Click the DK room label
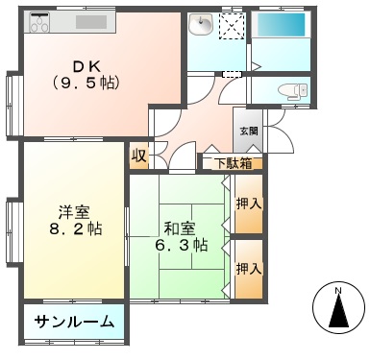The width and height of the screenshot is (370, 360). [x=87, y=67]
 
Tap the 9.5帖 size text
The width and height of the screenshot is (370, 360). [x=86, y=83]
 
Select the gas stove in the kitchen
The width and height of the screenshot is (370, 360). [x=39, y=22]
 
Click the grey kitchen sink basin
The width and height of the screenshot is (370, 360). [x=91, y=22]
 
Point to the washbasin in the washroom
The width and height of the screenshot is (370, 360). [x=201, y=24]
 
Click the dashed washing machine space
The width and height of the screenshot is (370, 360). [x=233, y=26]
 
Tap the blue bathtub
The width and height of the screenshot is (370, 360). [x=281, y=25]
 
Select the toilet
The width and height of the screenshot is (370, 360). [x=292, y=90]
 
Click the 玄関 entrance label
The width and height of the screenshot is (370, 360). [x=249, y=131]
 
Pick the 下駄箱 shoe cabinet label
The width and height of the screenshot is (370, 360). [x=233, y=163]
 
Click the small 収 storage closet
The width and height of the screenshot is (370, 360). [x=139, y=156]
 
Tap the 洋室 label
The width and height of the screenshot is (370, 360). [x=74, y=212]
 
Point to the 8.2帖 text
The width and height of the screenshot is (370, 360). [x=75, y=228]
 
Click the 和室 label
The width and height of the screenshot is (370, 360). [x=180, y=228]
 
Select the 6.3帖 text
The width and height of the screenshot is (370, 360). [x=181, y=246]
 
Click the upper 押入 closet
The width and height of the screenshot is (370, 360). [x=249, y=204]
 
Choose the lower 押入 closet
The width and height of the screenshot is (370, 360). [x=249, y=269]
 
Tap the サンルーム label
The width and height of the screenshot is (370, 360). [x=74, y=322]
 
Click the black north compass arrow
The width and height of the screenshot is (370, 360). [x=338, y=310]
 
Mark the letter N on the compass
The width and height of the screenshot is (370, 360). [x=337, y=291]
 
